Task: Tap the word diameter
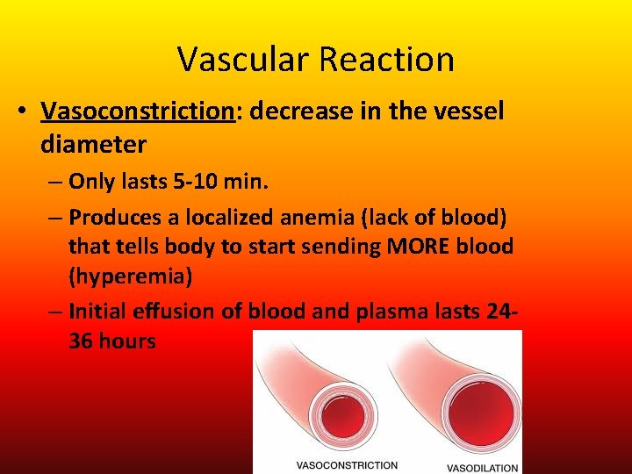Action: point(93,143)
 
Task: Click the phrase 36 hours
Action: point(112,341)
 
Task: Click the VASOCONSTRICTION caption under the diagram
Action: point(347,465)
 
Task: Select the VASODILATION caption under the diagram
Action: point(482,467)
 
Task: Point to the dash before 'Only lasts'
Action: point(54,183)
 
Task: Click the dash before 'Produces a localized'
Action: point(54,217)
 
